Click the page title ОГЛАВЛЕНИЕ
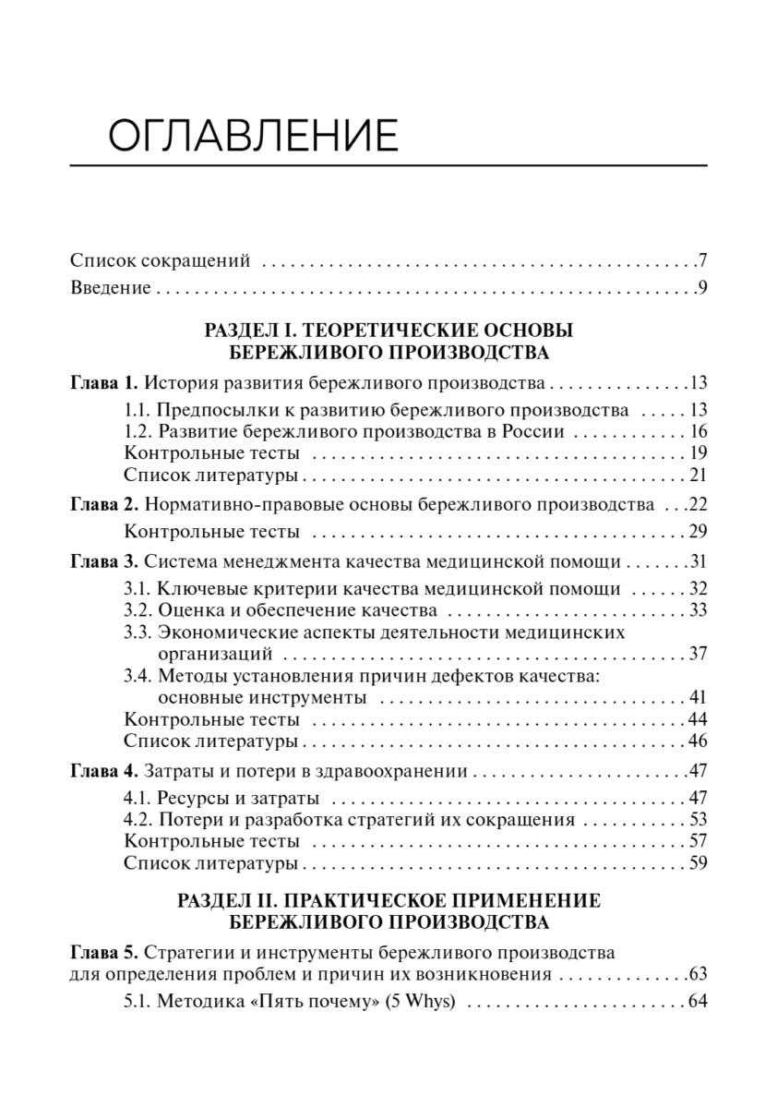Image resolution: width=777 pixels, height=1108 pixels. coord(252,136)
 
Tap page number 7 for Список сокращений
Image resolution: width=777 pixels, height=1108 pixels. coord(701,261)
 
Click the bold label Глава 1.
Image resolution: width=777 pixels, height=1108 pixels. coord(104,383)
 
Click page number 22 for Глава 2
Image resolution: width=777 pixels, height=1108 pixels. coord(697,505)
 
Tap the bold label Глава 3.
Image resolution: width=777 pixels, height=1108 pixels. coord(104,562)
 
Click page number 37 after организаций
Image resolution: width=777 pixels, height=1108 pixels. coord(697,655)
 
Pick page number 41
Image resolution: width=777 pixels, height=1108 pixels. coord(697,696)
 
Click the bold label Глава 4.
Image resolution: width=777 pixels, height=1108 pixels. coord(104,770)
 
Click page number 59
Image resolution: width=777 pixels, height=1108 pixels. coord(697,863)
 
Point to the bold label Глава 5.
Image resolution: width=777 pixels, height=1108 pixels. coord(104,951)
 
